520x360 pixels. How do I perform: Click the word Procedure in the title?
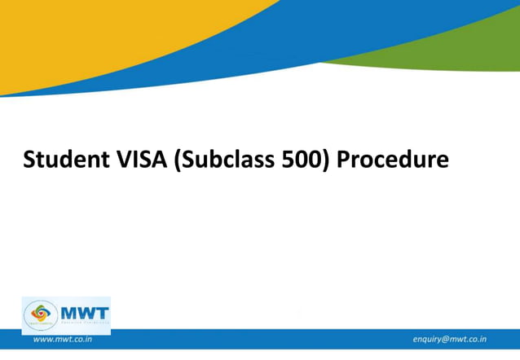(x=393, y=160)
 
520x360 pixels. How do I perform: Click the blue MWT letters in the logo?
(x=83, y=310)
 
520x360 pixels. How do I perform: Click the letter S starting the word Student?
(x=29, y=160)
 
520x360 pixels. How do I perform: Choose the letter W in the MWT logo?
(x=83, y=310)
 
